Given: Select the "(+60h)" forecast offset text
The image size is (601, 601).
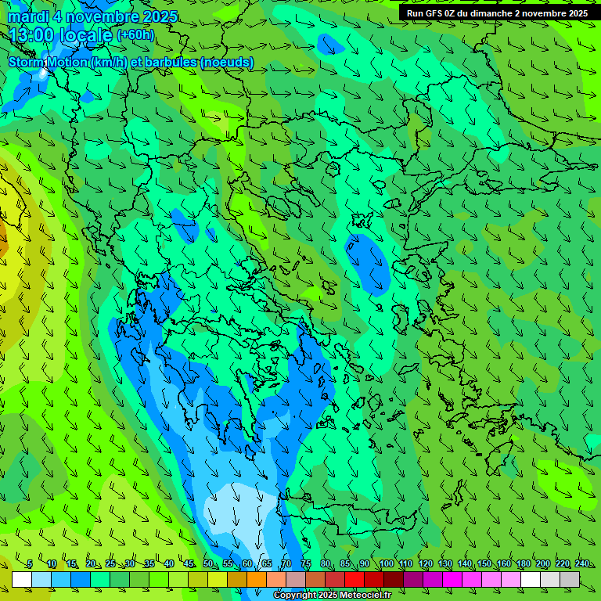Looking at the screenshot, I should pos(135,35).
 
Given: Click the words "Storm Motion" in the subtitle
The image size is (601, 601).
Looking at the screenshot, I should pos(48,62).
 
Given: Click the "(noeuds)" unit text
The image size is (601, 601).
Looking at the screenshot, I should pos(227,62).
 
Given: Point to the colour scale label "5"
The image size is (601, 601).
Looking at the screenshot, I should pos(30,564).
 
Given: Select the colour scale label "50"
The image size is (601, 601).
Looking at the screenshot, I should pos(208,564).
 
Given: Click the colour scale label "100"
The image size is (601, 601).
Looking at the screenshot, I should pos(387,564).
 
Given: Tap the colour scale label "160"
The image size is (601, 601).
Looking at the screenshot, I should pos(504,564).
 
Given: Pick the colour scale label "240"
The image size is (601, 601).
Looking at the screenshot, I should pos(582,564).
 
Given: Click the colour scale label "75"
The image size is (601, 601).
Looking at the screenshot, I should pos(306,564).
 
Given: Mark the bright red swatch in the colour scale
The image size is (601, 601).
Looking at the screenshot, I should pos(354,579).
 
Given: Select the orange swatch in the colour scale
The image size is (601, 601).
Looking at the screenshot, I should pos(257,579).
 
